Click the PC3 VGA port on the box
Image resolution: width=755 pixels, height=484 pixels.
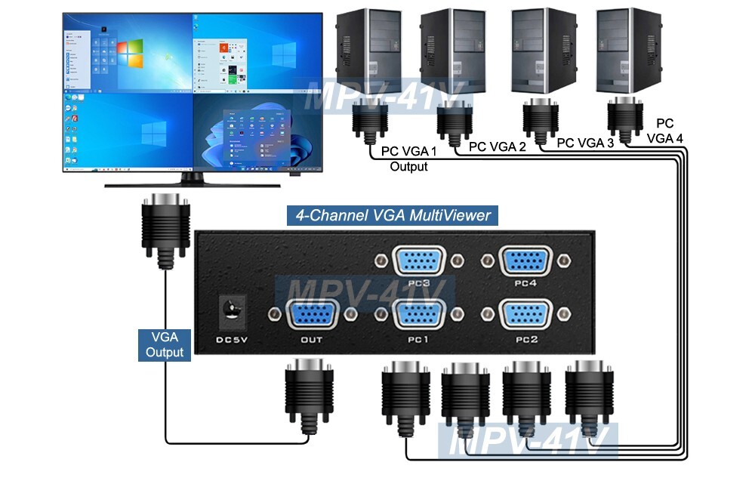[420, 260]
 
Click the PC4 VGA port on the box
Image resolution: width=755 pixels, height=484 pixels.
[525, 260]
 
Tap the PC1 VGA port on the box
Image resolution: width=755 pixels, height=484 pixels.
[420, 315]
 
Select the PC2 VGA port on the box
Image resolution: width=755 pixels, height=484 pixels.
[525, 315]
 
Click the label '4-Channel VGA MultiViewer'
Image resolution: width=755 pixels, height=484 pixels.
[392, 216]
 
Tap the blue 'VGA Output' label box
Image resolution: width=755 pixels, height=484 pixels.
[165, 344]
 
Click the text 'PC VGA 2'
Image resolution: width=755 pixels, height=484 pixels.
[498, 147]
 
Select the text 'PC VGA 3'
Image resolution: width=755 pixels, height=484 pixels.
[584, 142]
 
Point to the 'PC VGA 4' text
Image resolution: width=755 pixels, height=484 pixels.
[664, 131]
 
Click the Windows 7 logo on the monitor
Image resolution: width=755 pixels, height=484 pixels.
[130, 54]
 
